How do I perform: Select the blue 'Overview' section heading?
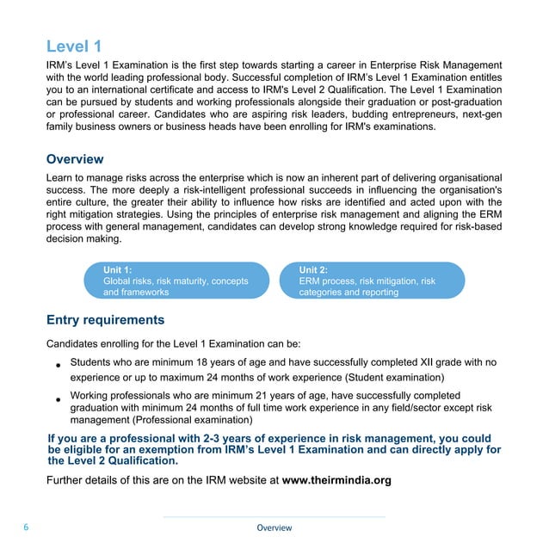tap(75, 159)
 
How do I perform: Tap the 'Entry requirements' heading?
tap(105, 320)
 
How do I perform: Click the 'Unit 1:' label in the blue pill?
tap(118, 269)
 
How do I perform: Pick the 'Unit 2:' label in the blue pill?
tap(313, 269)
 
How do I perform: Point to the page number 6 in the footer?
tap(27, 527)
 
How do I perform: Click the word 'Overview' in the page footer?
tap(274, 527)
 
